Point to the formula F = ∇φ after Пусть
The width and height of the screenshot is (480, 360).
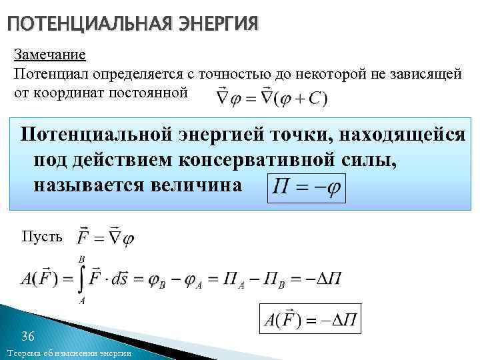[x=106, y=237]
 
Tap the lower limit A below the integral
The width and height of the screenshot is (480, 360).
[x=81, y=301]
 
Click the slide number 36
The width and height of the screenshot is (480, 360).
[x=29, y=335]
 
